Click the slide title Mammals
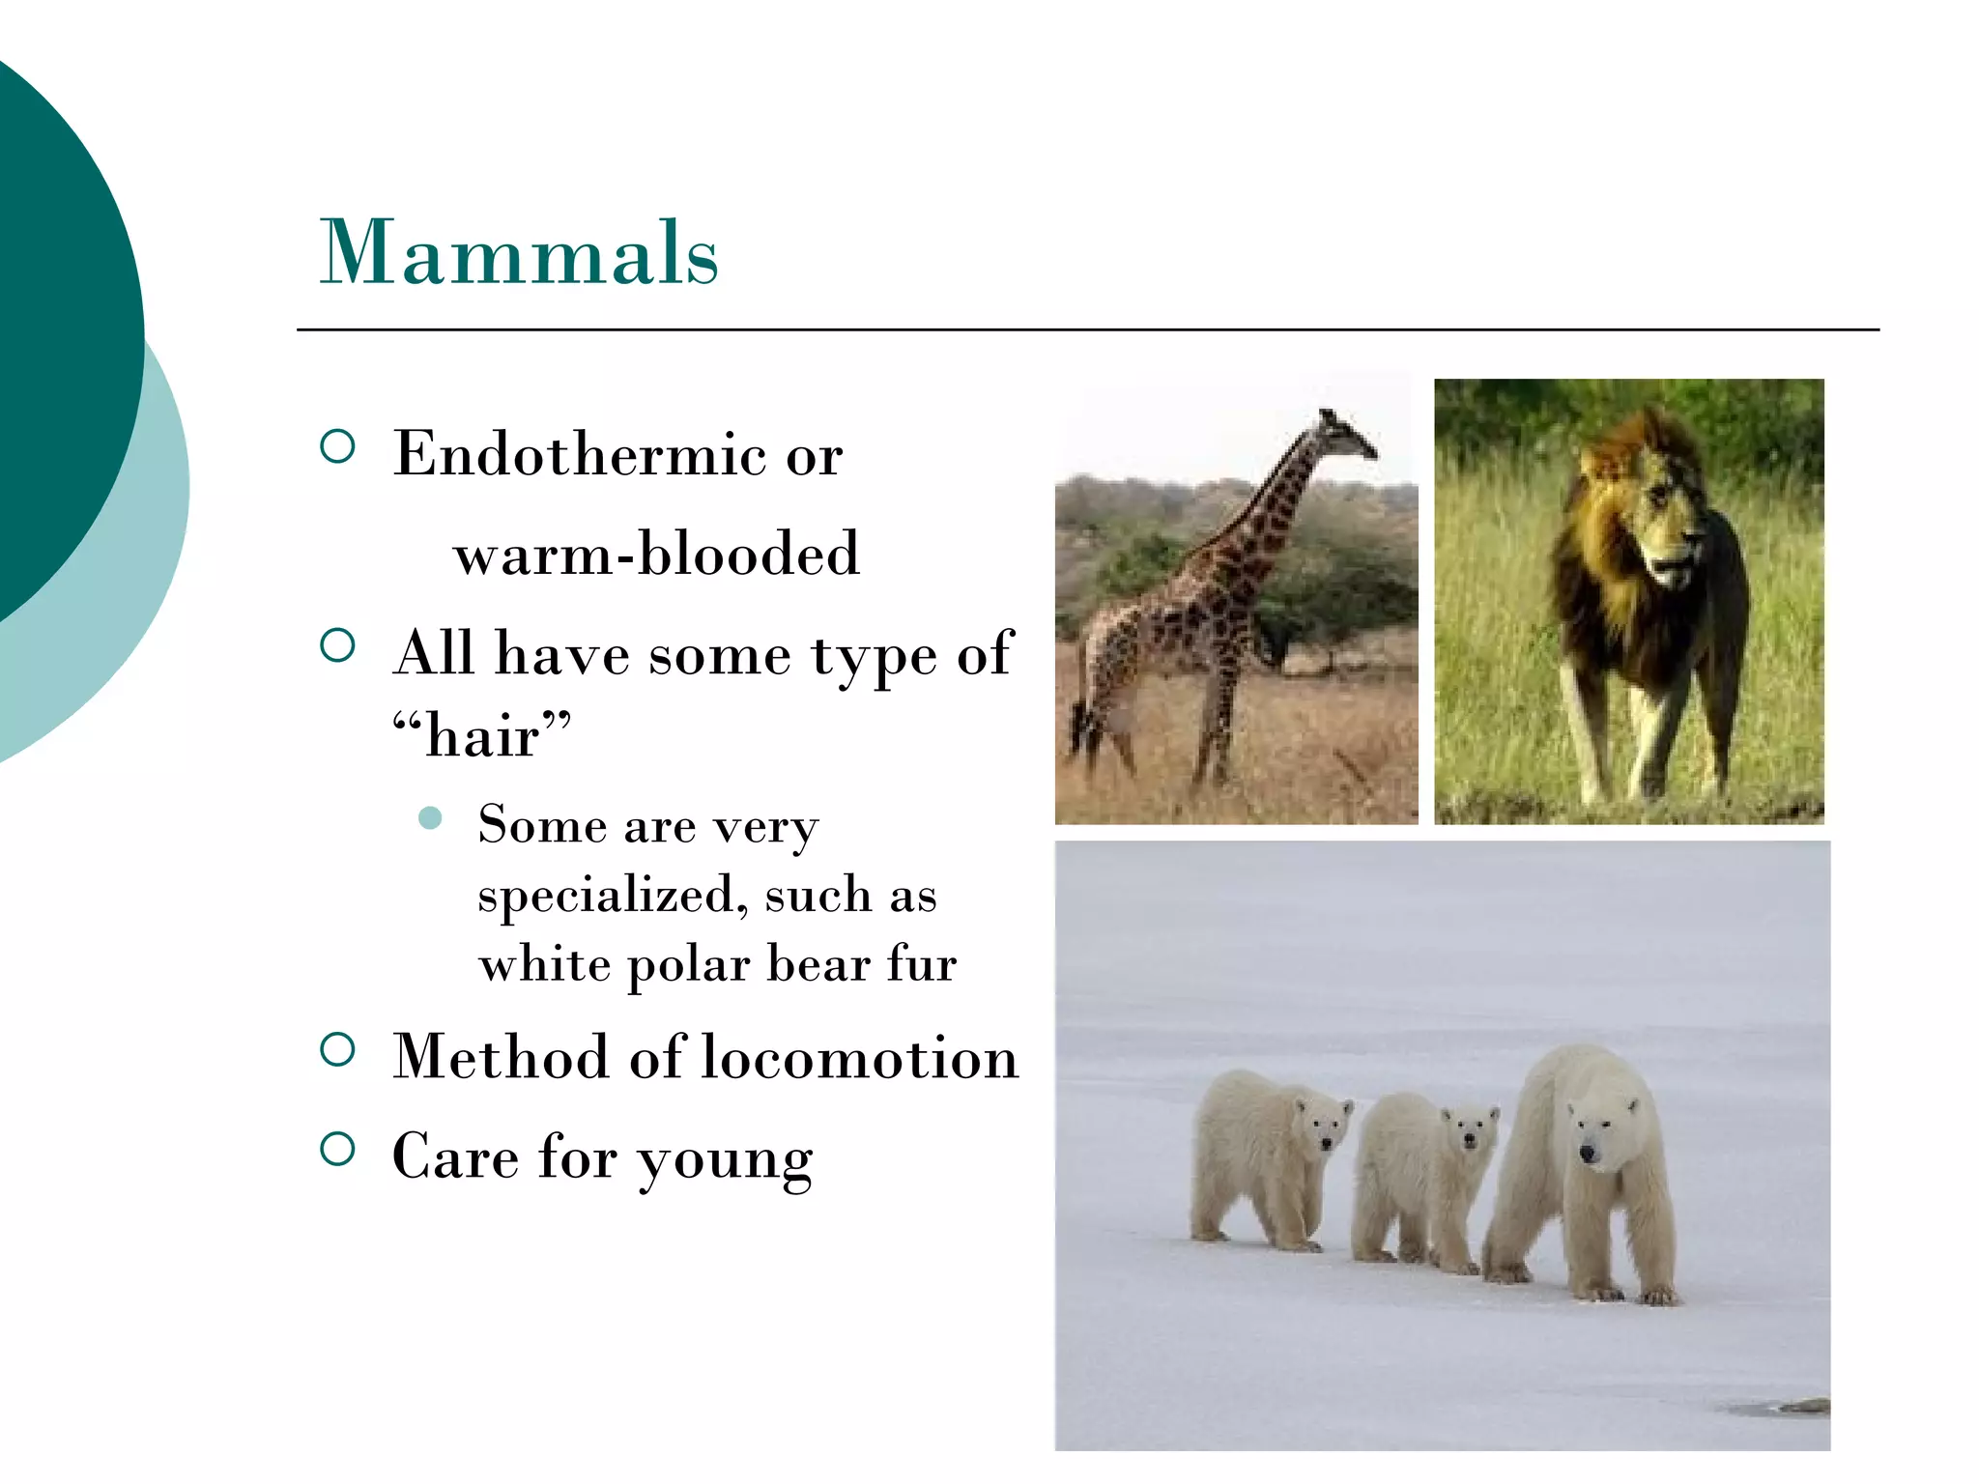[x=519, y=253]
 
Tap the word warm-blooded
[x=656, y=555]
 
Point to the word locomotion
[x=859, y=1057]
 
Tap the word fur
[x=922, y=964]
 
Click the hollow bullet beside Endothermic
[x=337, y=446]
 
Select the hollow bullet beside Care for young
[x=337, y=1150]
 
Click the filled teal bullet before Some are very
[x=431, y=819]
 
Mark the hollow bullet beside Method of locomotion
[x=337, y=1049]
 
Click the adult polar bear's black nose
[x=1587, y=1153]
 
